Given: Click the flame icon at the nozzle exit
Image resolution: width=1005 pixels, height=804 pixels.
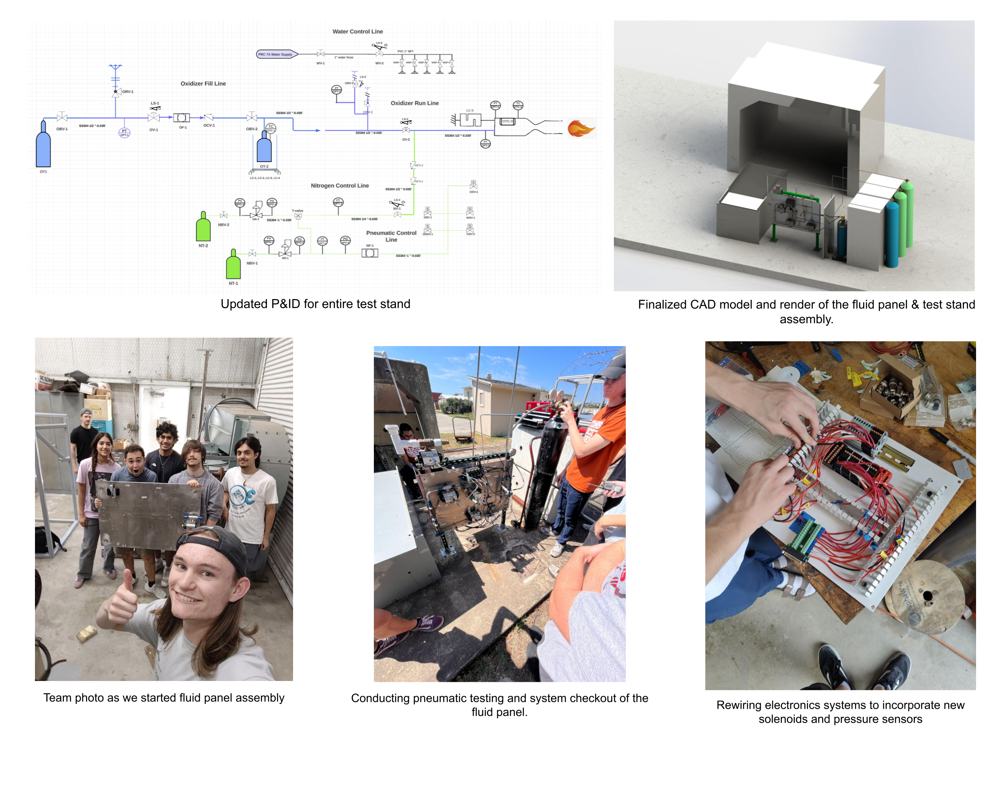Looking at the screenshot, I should [581, 129].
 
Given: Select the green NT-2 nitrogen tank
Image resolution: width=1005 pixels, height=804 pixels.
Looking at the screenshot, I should [203, 228].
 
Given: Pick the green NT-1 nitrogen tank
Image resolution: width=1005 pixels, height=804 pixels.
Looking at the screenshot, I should [233, 266].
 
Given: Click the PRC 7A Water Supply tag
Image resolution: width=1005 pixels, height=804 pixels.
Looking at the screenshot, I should [276, 55].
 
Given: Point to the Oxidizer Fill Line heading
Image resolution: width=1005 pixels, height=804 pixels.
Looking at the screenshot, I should [203, 84].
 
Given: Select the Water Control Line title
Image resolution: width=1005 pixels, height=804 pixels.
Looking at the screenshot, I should [357, 32].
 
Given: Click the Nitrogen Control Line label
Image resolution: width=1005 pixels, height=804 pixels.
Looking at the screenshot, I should [340, 185].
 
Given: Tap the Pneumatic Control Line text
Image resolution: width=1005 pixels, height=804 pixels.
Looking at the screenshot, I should [391, 236].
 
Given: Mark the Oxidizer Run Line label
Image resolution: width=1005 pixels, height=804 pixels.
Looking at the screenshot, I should [414, 103].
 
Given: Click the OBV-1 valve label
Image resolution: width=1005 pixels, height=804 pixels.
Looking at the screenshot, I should [62, 129].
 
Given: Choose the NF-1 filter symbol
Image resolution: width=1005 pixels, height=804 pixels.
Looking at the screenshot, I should [370, 253].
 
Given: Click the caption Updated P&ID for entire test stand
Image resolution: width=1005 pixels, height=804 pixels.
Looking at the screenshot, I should [315, 304].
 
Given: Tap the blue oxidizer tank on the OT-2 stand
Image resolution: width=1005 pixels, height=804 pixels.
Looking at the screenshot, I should [264, 148].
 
